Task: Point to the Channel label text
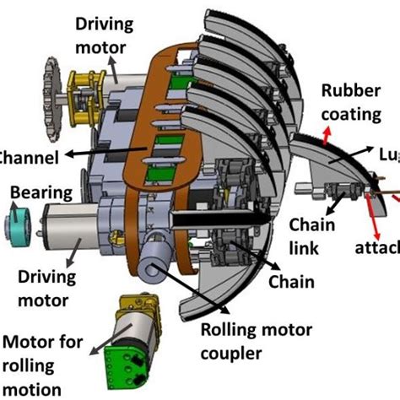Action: coord(29,157)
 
